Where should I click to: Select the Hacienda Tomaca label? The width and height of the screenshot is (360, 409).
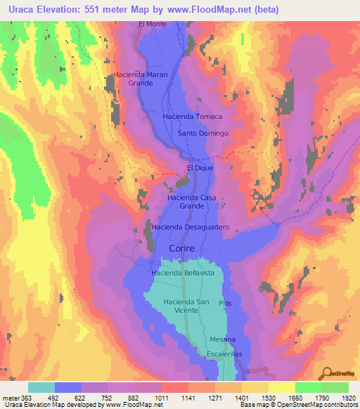pos(192,117)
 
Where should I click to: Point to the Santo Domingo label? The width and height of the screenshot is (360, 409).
pos(203,133)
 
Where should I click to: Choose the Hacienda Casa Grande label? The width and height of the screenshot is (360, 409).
pos(191,202)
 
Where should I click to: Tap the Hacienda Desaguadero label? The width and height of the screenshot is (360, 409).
pos(191,228)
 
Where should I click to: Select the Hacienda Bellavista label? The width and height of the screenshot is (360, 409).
pos(183,272)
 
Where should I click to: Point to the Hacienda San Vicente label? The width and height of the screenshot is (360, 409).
pos(187,306)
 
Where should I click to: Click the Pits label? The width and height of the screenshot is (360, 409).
pos(225,303)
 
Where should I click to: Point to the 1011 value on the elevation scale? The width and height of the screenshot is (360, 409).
pos(162,398)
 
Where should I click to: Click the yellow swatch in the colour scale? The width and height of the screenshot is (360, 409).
pos(281,387)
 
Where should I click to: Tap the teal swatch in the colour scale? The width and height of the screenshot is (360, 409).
pos(41,387)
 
